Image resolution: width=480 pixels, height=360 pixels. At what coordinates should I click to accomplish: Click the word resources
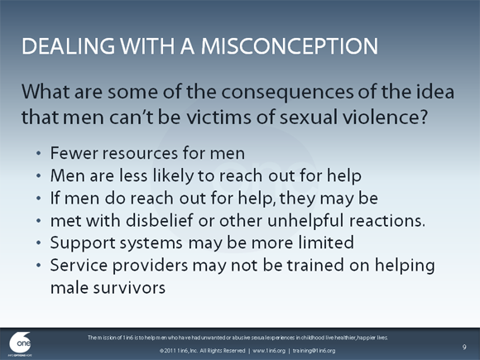click(x=137, y=154)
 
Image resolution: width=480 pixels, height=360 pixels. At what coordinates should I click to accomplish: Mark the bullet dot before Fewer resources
click(x=40, y=155)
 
